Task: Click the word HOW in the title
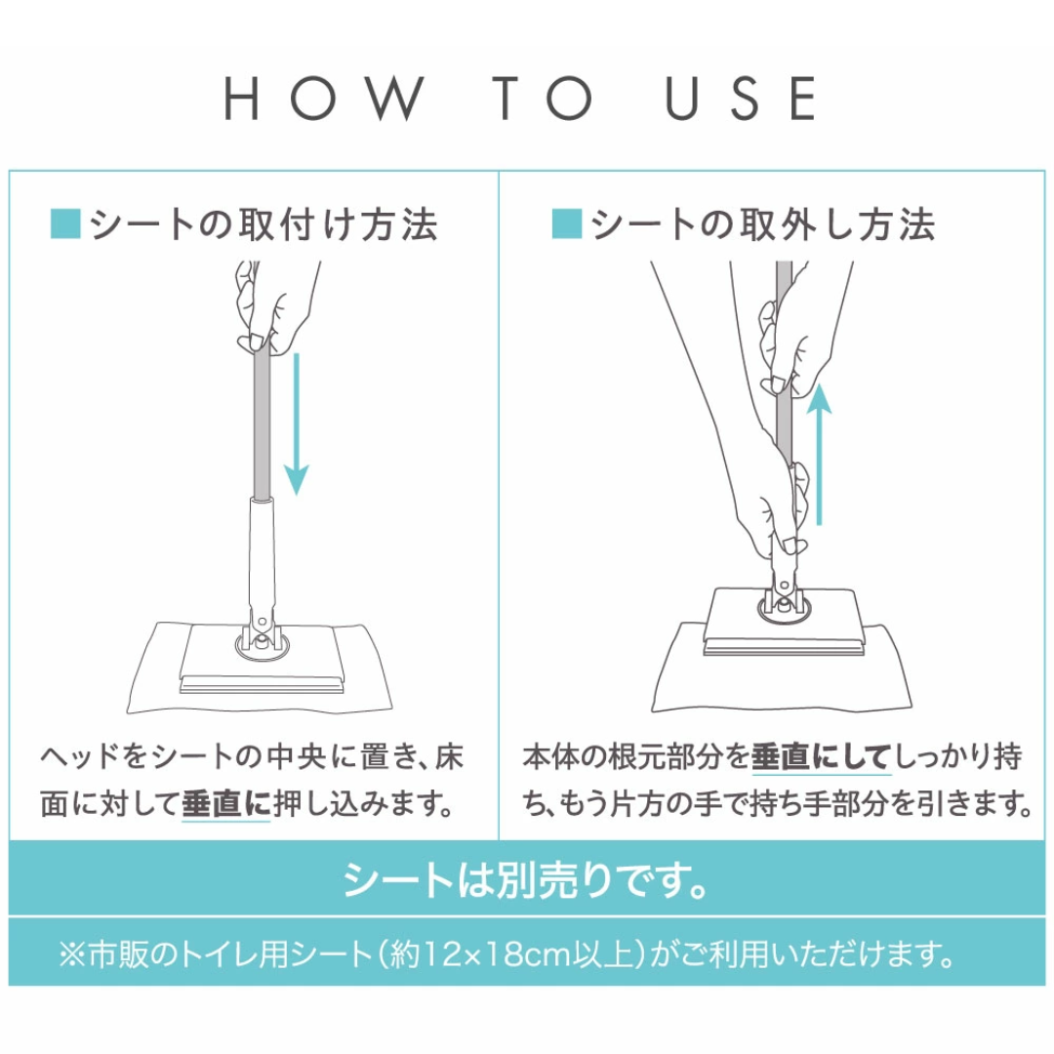[324, 99]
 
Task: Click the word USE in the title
[741, 99]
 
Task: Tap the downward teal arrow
[296, 425]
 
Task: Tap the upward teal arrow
[819, 454]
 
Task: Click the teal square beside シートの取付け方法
[66, 223]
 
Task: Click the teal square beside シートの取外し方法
[567, 223]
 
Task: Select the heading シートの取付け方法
[263, 224]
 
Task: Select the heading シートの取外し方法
[763, 224]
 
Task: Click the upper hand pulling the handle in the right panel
[793, 343]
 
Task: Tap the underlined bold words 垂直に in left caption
[225, 804]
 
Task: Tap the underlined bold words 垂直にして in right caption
[822, 757]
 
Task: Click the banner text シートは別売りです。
[525, 880]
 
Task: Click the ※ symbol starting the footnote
[71, 954]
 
